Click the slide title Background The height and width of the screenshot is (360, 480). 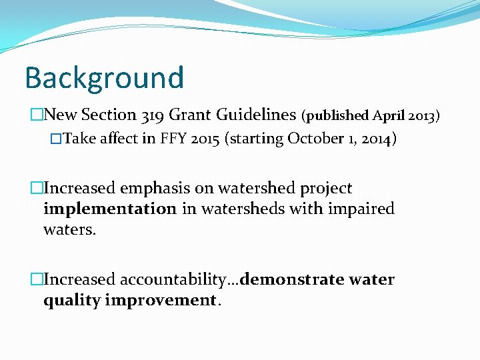[x=104, y=77]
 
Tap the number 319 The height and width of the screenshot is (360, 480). [x=153, y=115]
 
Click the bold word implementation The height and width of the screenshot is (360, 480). [x=109, y=209]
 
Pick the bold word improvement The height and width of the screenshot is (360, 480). [x=161, y=300]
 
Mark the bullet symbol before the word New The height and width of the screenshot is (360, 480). [x=36, y=115]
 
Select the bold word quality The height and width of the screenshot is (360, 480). [x=72, y=300]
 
